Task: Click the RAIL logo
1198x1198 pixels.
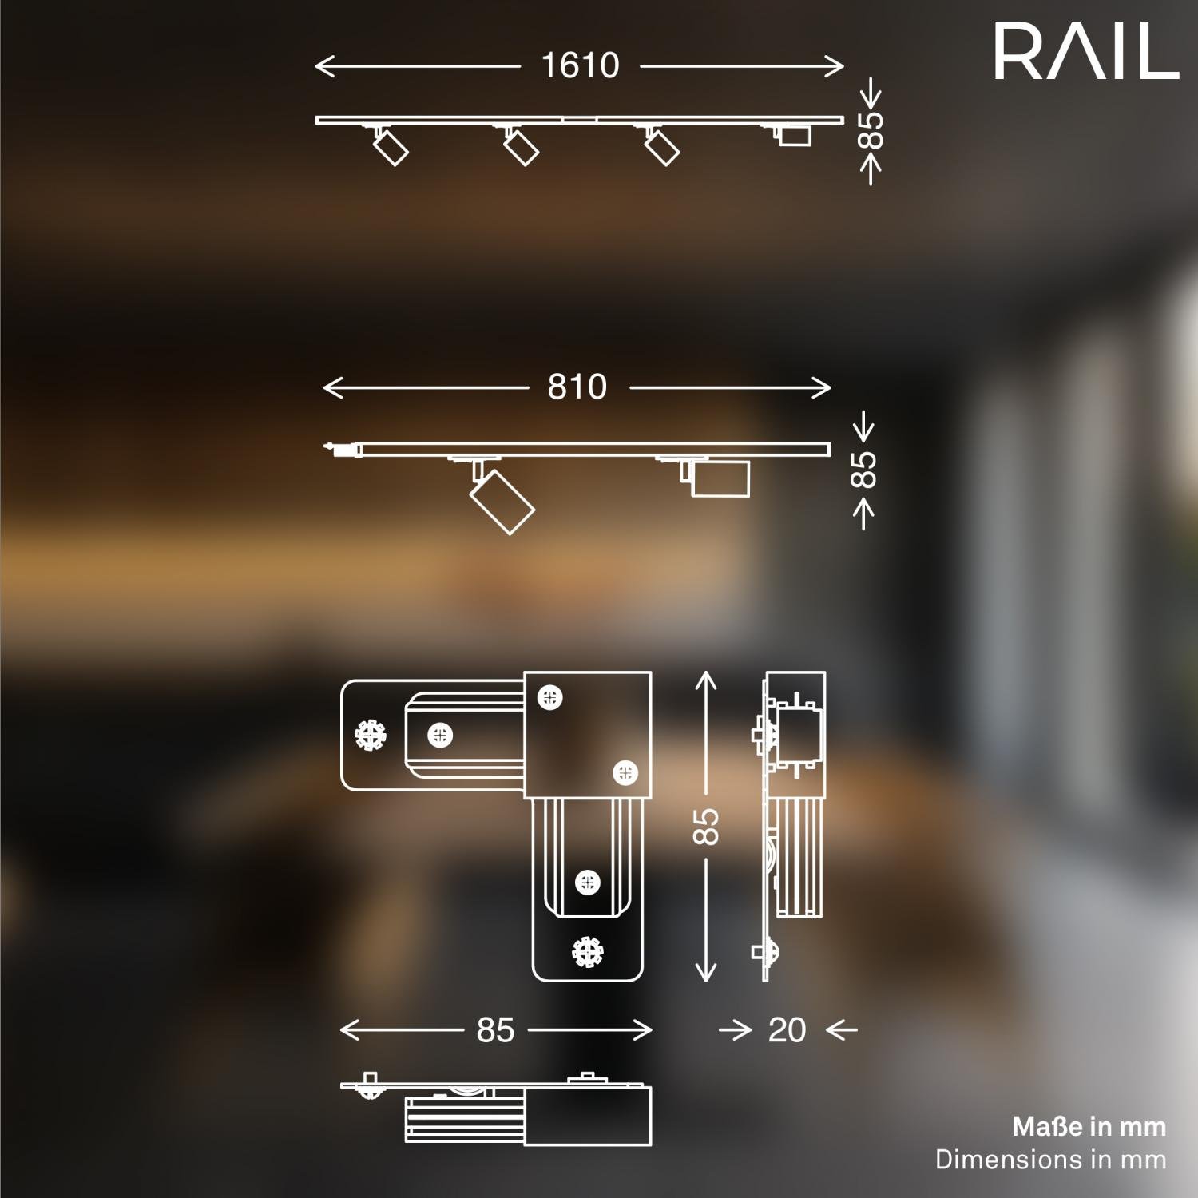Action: click(1086, 51)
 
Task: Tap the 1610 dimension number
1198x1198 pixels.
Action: click(581, 65)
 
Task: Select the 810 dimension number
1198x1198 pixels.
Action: click(577, 387)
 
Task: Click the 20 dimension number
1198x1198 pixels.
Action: click(787, 1030)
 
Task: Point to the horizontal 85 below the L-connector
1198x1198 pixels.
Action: click(495, 1030)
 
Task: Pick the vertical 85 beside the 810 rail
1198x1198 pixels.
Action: click(863, 469)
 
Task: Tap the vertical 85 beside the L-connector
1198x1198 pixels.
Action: click(706, 827)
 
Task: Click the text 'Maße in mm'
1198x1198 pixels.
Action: click(1089, 1127)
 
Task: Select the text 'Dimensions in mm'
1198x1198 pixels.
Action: click(1050, 1160)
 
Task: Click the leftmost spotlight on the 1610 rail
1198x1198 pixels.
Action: click(391, 147)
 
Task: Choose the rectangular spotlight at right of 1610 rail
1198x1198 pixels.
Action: click(794, 135)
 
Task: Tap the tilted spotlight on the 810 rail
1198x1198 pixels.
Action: click(502, 501)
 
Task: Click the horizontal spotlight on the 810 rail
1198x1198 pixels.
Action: click(719, 479)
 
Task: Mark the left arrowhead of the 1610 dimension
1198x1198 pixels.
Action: click(319, 65)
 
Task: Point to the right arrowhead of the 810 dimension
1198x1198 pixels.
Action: click(827, 388)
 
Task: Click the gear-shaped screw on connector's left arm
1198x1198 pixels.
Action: click(370, 735)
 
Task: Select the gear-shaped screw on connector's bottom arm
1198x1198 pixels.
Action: click(588, 952)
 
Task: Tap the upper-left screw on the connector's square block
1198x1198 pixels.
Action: click(549, 697)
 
